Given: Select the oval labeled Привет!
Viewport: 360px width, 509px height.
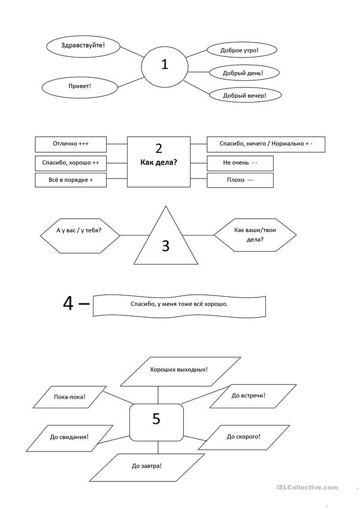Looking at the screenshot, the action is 80,87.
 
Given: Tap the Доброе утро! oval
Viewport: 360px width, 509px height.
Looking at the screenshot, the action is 242,50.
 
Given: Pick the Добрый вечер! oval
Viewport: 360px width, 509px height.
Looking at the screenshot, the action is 245,95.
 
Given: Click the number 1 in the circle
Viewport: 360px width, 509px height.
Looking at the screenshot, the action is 165,64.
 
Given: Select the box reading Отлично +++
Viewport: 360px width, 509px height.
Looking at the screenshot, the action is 71,144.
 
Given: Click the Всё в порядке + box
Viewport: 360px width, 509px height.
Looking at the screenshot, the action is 71,180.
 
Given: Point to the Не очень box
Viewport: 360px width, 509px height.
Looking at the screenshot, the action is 240,163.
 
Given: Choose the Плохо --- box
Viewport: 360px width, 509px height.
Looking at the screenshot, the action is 240,180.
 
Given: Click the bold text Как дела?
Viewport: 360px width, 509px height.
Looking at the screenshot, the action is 159,162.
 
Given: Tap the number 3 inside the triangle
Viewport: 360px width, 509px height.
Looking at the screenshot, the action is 165,246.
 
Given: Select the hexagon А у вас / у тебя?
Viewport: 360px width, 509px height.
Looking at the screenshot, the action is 80,236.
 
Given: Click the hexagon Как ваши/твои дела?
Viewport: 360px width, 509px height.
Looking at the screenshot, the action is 255,234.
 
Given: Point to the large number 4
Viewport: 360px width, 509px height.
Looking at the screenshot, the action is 68,303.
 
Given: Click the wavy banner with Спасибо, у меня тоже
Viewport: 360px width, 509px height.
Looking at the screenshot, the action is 179,306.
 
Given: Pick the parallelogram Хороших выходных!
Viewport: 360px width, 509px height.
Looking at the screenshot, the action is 180,372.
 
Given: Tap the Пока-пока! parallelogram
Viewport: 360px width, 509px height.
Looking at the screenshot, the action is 69,397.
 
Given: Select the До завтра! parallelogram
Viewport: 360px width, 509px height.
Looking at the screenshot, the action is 147,468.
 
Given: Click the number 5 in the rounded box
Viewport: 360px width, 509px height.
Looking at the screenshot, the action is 156,418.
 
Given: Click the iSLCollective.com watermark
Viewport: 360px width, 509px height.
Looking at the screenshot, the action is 307,487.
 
